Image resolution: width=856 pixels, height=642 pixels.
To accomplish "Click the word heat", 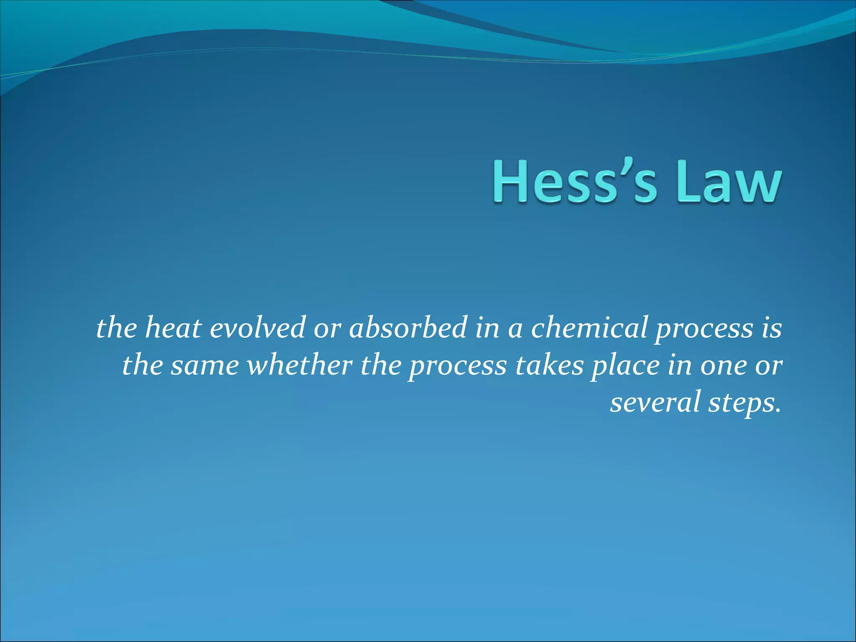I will (x=173, y=328).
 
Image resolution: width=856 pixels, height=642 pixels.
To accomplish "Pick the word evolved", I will (x=257, y=328).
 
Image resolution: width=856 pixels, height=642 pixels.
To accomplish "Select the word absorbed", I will (x=408, y=328).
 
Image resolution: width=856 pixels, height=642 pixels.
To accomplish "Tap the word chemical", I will (x=589, y=328).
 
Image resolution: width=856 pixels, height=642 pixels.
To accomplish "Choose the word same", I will (x=204, y=366).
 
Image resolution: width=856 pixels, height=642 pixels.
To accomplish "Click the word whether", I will (x=299, y=365).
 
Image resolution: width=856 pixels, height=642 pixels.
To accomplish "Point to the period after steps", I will (x=777, y=410).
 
